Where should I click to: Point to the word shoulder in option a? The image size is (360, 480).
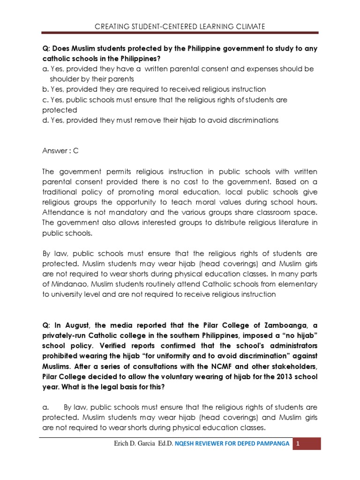tap(62, 79)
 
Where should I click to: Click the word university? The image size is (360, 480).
tap(63, 294)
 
